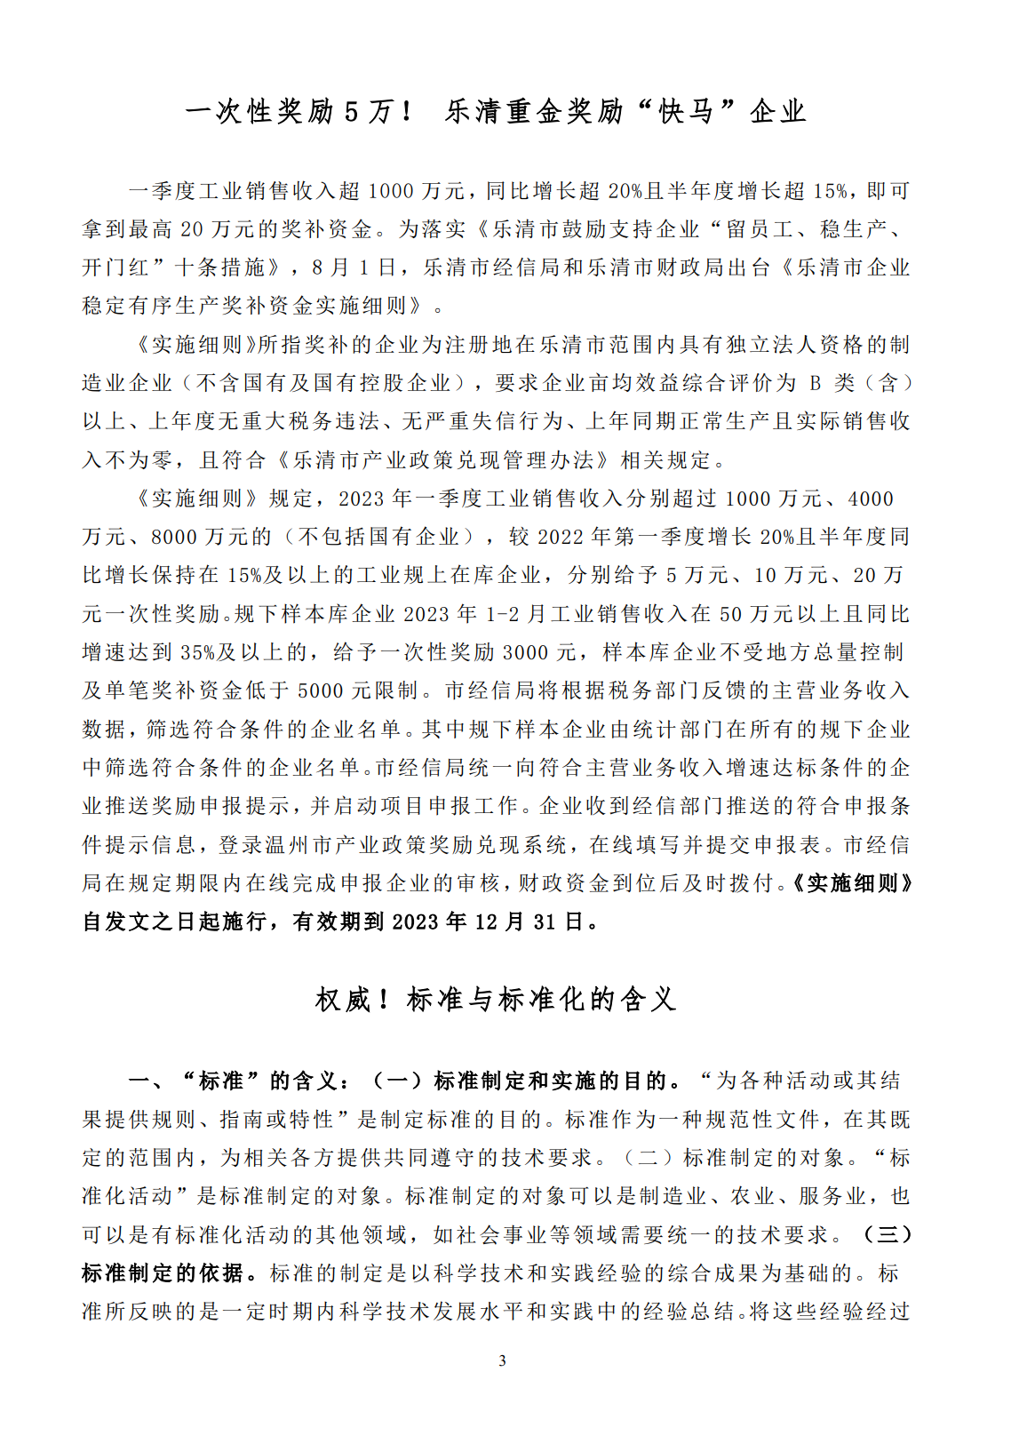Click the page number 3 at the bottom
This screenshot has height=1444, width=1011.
(503, 1360)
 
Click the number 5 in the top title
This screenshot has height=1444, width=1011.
(352, 111)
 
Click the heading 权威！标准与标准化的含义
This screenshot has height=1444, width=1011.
(497, 999)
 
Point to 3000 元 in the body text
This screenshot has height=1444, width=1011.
(540, 652)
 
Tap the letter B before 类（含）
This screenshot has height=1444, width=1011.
(816, 383)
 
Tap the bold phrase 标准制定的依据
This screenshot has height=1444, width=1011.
(163, 1272)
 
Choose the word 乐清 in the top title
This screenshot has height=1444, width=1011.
(473, 111)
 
